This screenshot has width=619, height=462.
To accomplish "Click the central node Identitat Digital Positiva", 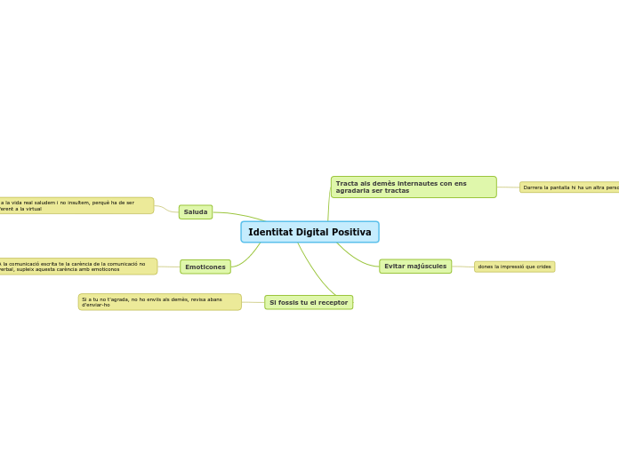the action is [309, 232].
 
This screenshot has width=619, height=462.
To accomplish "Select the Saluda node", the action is [196, 212].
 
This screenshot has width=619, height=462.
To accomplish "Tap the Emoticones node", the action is [205, 267].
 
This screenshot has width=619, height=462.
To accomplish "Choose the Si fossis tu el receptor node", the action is [309, 302].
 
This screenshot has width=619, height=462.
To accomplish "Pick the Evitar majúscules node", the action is [415, 267].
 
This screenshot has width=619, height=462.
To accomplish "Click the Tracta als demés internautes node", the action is [414, 187].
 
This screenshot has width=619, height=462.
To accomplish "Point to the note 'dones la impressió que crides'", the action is [514, 267].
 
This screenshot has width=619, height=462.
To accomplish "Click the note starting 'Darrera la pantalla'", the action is [569, 187].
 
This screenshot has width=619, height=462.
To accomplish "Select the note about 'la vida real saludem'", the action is [76, 205].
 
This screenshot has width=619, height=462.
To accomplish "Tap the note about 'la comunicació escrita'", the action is [77, 267].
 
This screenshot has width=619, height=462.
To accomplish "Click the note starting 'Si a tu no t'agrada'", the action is [159, 302].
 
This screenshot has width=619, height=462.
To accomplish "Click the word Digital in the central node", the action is [309, 232].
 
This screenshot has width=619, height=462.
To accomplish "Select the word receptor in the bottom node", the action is [332, 303].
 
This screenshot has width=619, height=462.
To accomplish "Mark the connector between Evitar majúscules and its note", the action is [462, 267].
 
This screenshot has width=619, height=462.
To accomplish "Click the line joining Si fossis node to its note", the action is [253, 302].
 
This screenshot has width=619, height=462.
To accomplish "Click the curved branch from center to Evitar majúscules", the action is [356, 259].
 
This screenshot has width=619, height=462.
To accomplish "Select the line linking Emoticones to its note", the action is [169, 267].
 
